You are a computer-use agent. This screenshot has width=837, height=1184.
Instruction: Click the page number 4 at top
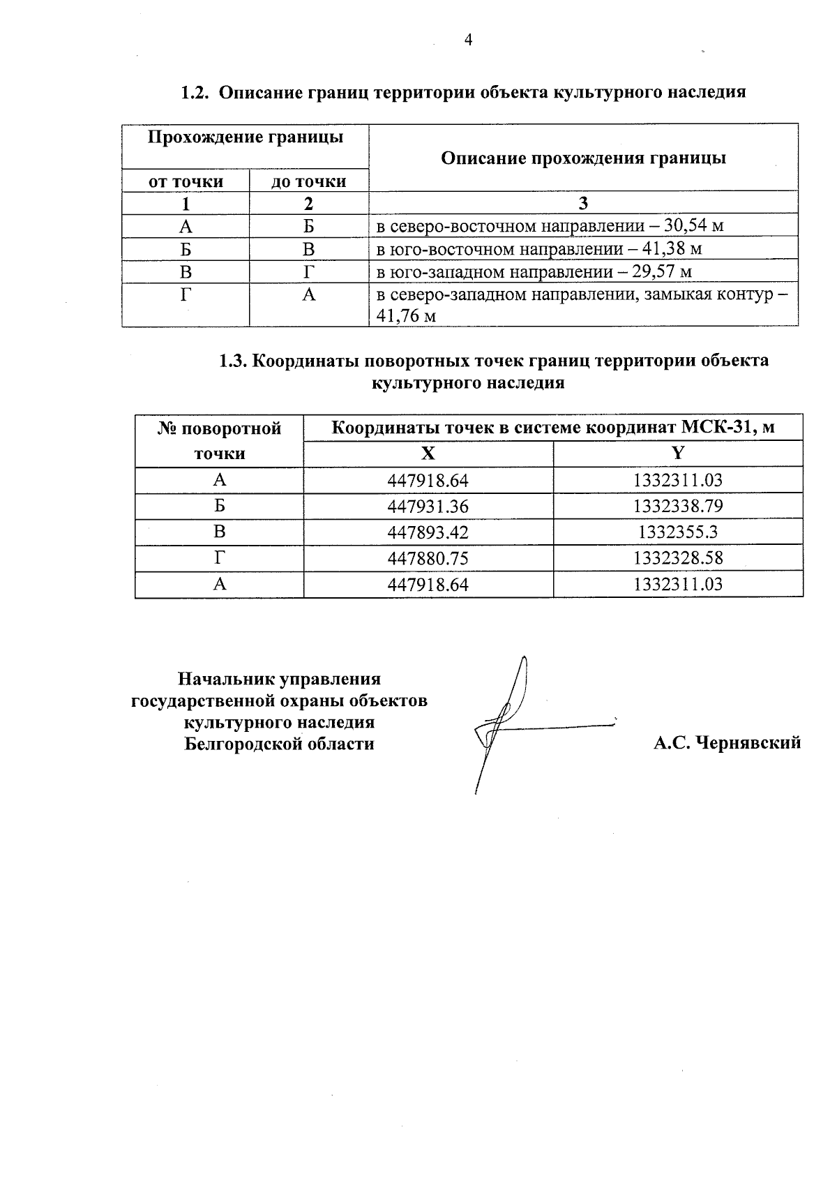(468, 40)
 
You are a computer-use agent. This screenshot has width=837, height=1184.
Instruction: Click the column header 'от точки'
(186, 181)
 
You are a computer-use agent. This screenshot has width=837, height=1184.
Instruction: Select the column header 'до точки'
(309, 181)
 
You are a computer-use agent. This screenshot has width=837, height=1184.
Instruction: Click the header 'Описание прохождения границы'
(583, 158)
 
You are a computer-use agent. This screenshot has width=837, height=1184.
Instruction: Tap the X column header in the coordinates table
(428, 454)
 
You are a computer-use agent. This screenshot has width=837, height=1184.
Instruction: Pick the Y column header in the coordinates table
(678, 454)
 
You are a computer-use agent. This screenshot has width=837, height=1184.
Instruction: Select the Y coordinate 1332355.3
(678, 532)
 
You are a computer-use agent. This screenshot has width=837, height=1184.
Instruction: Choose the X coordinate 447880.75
(428, 558)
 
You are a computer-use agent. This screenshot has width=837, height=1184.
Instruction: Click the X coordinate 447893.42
(428, 532)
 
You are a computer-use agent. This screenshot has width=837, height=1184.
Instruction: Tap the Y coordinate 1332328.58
(678, 558)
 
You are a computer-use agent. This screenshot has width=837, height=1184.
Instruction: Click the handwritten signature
(509, 726)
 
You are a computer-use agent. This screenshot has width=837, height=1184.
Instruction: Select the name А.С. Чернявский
(727, 743)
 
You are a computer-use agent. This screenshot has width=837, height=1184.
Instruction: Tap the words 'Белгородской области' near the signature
(279, 744)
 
